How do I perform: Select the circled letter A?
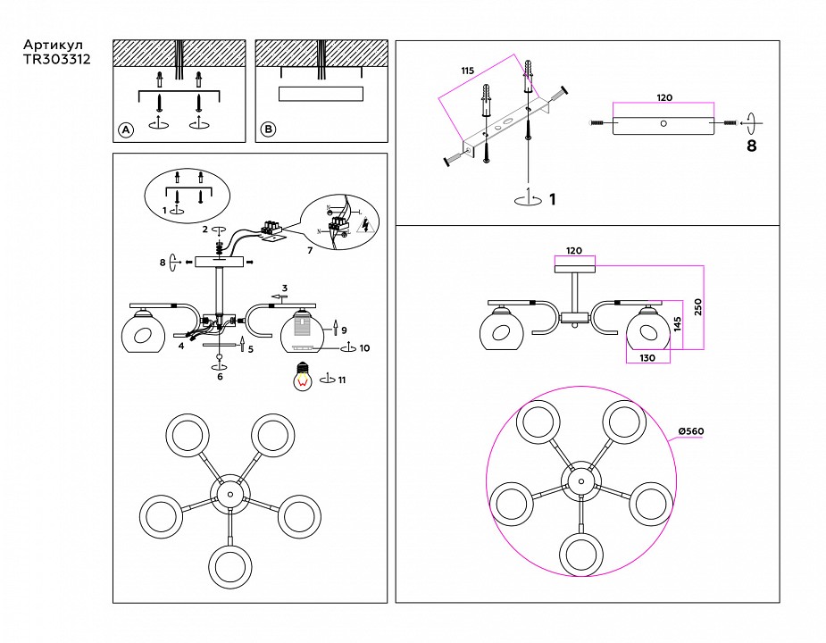pos(126,130)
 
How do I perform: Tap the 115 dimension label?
pos(467,71)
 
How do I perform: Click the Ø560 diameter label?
pos(691,431)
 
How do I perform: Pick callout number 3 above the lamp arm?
pos(284,288)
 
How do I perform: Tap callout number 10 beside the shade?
pos(364,348)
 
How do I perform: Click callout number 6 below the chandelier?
pos(220,377)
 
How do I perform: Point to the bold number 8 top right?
pos(751,146)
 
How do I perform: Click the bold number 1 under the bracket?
pos(552,198)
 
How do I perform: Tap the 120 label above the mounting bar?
pos(664,97)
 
